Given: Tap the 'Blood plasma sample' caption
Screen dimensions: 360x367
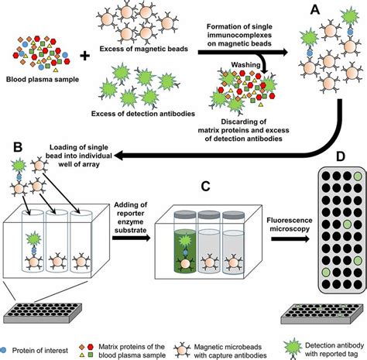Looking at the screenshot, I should click(x=38, y=79).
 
